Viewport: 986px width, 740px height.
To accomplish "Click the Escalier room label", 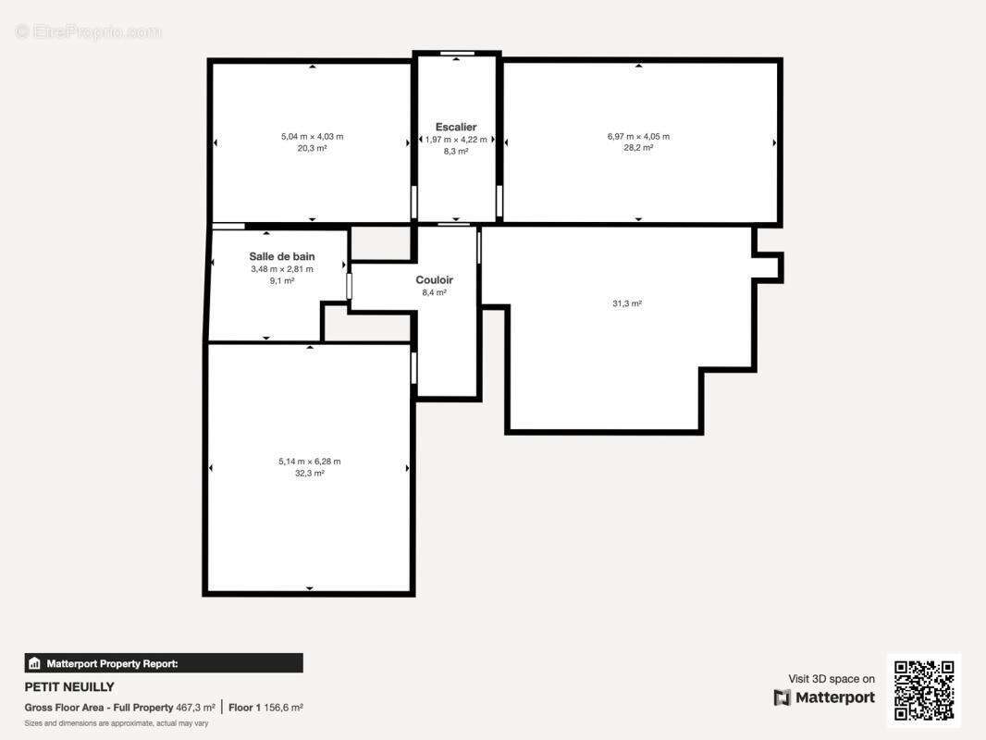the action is (456, 127).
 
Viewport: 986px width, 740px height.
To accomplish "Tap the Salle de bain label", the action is (282, 256).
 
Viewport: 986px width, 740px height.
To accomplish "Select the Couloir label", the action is (434, 279).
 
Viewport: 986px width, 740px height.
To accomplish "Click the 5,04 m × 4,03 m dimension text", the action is (312, 136).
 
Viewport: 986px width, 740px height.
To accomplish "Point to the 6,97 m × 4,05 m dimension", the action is (638, 136).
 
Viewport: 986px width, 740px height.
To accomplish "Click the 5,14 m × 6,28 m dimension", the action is (309, 462).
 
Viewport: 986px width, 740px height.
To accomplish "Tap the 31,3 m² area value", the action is (627, 303).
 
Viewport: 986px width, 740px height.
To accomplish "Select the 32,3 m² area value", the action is (309, 474).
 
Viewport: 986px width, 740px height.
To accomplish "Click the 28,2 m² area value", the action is (638, 148).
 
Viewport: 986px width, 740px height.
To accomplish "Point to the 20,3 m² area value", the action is (312, 148).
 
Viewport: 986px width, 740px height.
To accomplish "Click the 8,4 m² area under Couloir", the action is (434, 293).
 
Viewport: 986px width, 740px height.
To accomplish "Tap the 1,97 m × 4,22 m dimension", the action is (456, 140).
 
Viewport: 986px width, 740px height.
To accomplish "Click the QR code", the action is (924, 690).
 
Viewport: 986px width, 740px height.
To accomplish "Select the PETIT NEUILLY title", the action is (69, 687).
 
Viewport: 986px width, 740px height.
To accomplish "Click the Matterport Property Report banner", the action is (164, 663).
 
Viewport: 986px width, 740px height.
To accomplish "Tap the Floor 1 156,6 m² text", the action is (265, 708).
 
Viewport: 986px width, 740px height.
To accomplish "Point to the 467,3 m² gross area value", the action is (195, 708).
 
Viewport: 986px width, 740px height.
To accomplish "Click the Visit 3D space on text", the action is (832, 679).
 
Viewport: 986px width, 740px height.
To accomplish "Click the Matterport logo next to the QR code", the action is (824, 697).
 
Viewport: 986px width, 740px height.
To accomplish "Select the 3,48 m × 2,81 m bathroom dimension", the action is (282, 269).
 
